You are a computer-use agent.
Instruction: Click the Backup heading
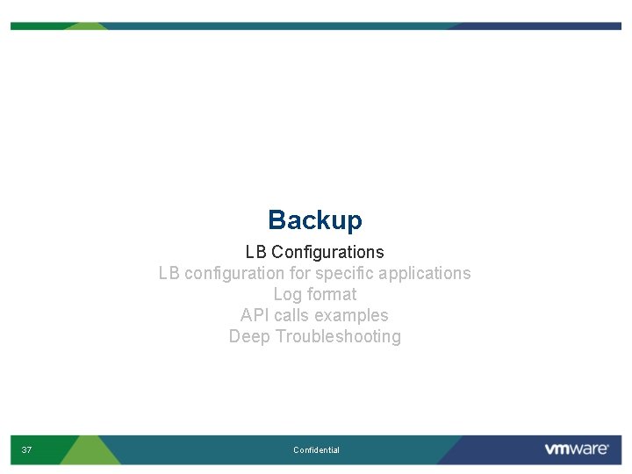click(314, 219)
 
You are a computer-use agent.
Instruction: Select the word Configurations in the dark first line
click(327, 253)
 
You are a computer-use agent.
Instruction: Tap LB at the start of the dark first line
click(255, 253)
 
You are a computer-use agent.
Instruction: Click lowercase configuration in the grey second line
click(234, 274)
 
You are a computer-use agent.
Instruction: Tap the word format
click(332, 295)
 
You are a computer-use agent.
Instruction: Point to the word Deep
click(249, 337)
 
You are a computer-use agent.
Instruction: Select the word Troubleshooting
click(338, 337)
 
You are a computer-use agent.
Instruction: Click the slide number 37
click(26, 450)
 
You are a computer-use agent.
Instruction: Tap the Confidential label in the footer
click(316, 450)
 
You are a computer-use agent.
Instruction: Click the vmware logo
click(576, 449)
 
